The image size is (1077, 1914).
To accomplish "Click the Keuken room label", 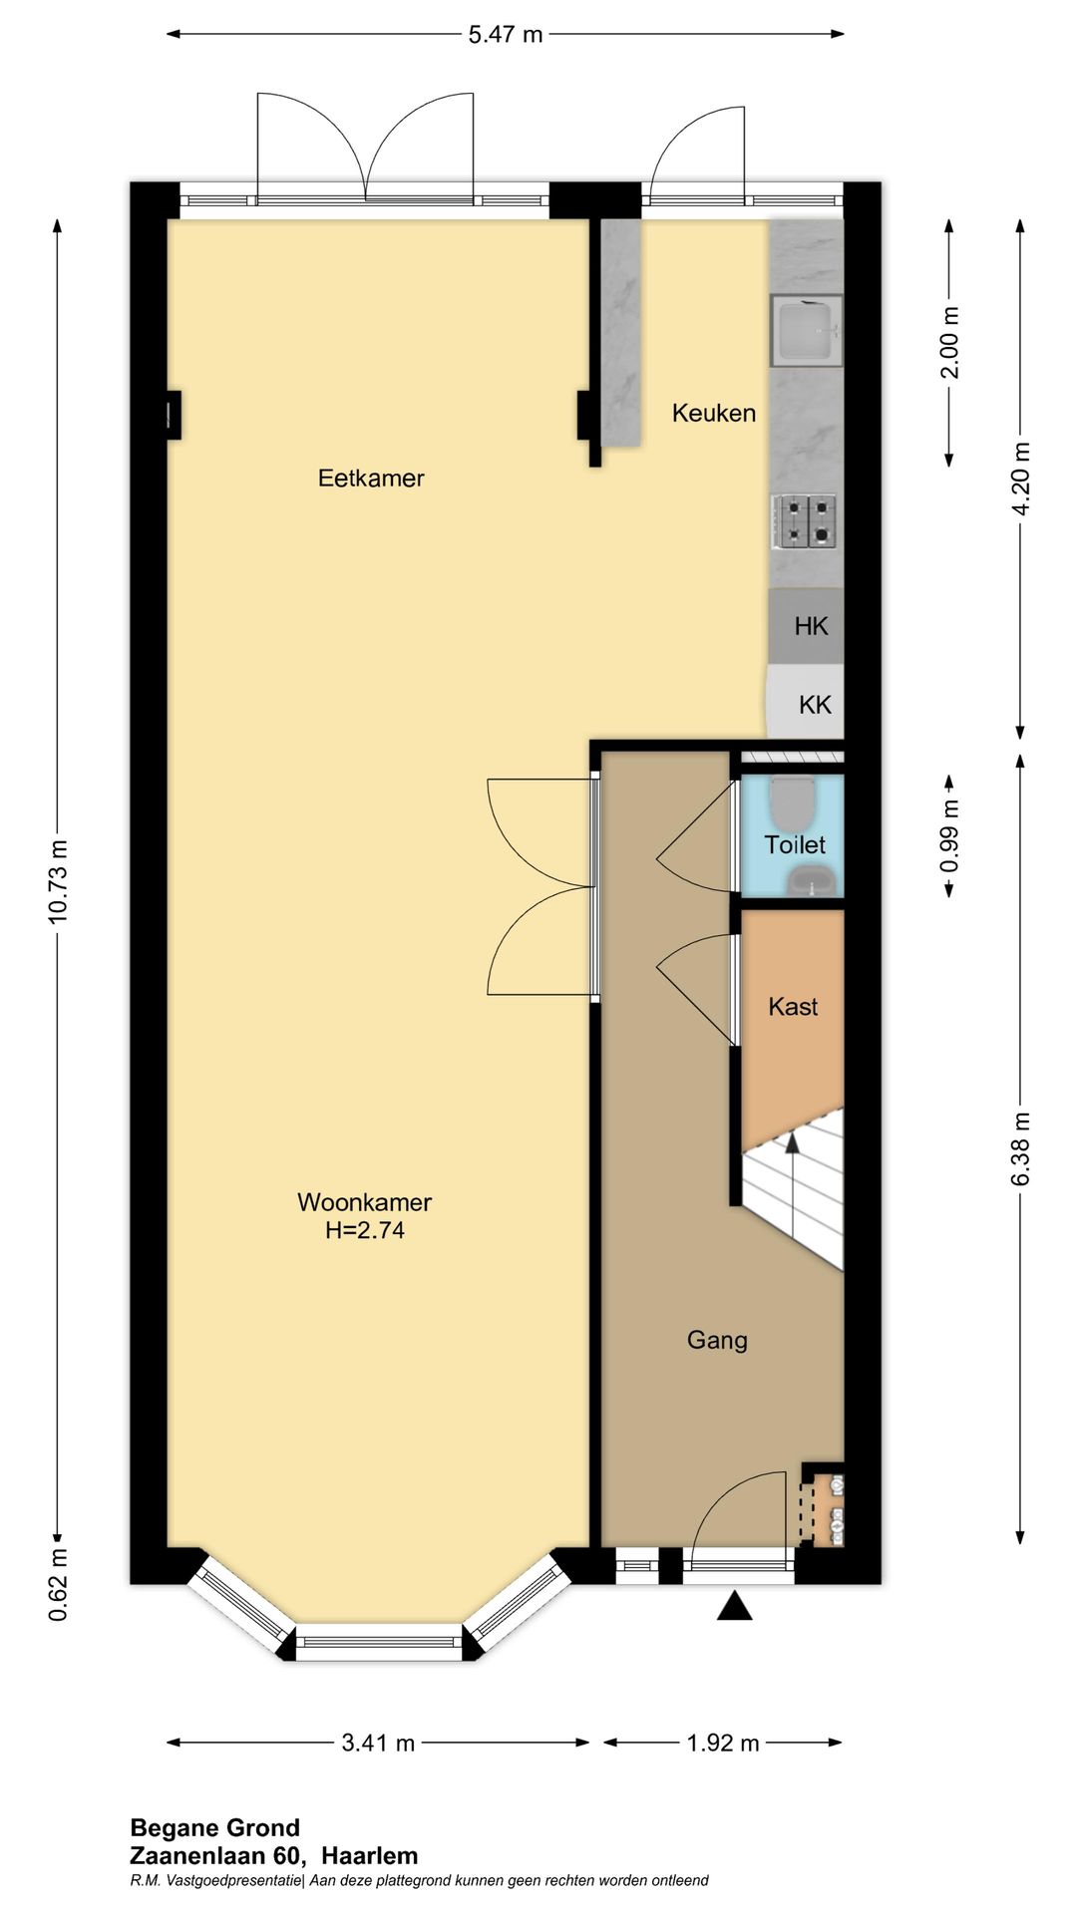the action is tap(713, 413).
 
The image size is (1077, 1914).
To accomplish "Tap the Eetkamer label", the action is tap(371, 478).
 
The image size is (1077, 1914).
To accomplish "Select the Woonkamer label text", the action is tap(364, 1202).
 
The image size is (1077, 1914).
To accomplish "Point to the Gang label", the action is tap(717, 1341).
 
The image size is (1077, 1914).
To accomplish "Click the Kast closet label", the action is tap(793, 1007).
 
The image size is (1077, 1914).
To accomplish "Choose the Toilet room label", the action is tap(795, 845).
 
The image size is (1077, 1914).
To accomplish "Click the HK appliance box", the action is tap(806, 626).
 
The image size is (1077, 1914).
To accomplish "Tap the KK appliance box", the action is tap(806, 703).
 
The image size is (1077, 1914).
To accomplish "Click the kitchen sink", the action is tap(806, 330).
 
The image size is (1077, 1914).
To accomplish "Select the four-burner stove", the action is tap(803, 521).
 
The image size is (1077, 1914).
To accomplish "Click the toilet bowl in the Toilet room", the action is tap(794, 800).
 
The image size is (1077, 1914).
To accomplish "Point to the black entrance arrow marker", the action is tap(735, 1605).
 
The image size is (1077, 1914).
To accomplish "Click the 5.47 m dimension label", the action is tap(506, 35).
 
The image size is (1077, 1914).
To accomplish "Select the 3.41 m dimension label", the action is tap(378, 1743).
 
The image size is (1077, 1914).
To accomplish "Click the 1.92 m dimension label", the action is tap(723, 1743).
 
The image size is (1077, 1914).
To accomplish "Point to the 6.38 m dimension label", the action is tap(1020, 1149).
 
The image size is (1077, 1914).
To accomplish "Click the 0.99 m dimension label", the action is tap(949, 835).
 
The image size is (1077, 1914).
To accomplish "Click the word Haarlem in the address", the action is tap(370, 1855).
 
